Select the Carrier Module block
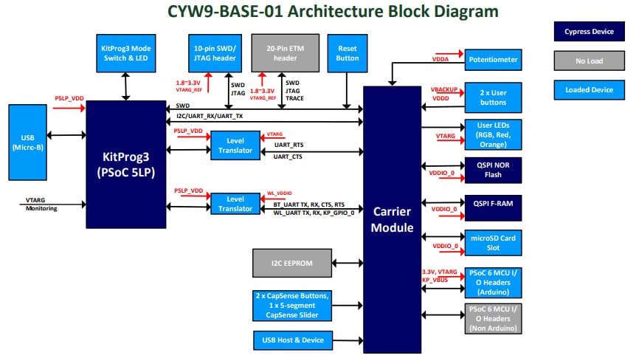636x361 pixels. click(x=392, y=219)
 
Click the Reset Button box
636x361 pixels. click(x=347, y=52)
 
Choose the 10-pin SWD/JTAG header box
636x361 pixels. click(x=213, y=52)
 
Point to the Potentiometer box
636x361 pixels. click(x=494, y=60)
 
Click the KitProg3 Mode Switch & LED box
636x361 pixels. click(x=125, y=52)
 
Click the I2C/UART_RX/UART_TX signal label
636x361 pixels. click(x=210, y=117)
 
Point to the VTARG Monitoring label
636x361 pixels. click(x=41, y=204)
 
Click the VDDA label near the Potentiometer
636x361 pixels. click(x=441, y=58)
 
